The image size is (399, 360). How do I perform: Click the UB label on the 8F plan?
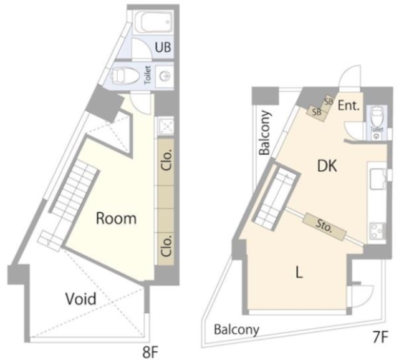(x=163, y=47)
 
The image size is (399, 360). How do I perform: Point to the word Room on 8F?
(x=116, y=218)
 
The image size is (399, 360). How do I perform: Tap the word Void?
(x=81, y=299)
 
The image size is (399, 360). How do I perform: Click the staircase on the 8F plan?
(x=74, y=187)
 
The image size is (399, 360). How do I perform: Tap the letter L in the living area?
(x=299, y=272)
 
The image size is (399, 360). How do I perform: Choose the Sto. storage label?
(x=324, y=226)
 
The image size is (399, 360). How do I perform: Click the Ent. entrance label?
(x=349, y=106)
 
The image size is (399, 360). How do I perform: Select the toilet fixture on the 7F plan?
(x=377, y=117)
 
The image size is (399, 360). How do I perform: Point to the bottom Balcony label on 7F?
(x=236, y=330)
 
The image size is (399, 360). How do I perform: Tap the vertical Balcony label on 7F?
(x=265, y=133)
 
